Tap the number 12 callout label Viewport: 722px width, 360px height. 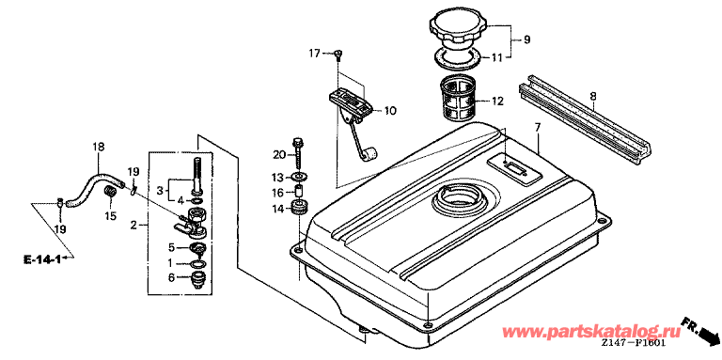tap(497, 101)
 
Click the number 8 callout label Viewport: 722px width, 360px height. tap(592, 96)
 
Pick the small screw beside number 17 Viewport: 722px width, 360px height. tap(338, 55)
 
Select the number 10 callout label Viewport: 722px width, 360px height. tap(390, 111)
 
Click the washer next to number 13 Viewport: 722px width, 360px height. tap(300, 177)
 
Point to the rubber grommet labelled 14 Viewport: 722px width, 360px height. tap(300, 208)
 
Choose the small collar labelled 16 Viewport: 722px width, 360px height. tap(300, 190)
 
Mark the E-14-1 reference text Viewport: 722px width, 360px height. tap(42, 259)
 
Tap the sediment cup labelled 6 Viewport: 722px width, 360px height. tap(198, 280)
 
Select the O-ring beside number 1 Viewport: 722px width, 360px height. tap(198, 264)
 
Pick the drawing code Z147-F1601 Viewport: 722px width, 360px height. tap(633, 344)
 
